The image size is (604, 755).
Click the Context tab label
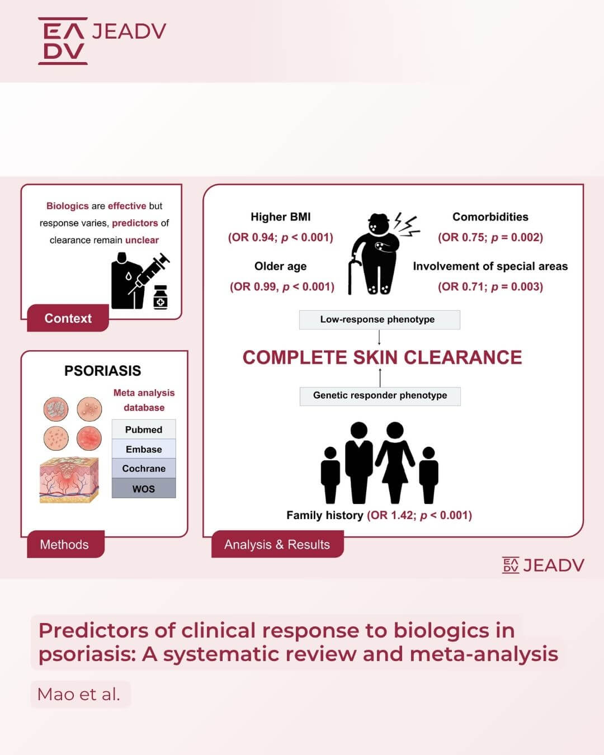68,318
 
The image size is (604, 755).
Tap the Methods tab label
65,544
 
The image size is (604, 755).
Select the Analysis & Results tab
277,544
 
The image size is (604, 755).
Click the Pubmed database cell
144,430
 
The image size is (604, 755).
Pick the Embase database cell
144,449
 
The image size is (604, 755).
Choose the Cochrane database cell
144,468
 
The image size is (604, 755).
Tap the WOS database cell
144,488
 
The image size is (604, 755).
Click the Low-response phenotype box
379,319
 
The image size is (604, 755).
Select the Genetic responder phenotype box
380,396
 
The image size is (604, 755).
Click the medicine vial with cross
161,298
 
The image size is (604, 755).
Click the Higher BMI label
280,217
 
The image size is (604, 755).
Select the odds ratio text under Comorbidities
490,238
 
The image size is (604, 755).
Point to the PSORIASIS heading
102,371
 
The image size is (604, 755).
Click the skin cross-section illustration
69,479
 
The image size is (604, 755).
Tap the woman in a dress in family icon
395,463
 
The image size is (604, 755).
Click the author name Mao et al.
79,694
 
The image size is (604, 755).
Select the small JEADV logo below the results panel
543,565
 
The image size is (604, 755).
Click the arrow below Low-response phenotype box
379,337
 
